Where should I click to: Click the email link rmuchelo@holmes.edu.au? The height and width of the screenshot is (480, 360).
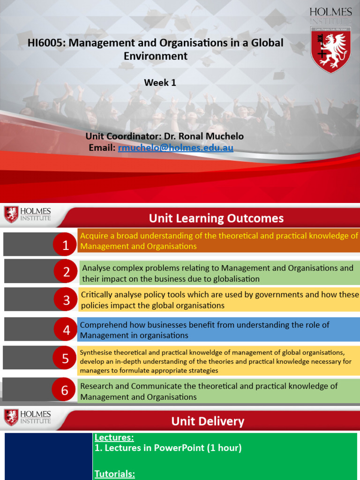(176, 148)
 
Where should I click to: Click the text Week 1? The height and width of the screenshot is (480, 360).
(160, 82)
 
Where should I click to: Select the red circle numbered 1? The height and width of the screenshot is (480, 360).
(66, 245)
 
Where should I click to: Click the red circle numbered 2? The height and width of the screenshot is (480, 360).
(66, 272)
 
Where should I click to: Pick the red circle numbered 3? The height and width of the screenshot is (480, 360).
(66, 300)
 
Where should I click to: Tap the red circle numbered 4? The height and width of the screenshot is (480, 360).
(66, 330)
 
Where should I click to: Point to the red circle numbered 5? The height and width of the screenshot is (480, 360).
(65, 359)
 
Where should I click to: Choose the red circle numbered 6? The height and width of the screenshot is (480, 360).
(65, 390)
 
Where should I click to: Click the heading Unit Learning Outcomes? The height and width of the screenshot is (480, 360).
(216, 218)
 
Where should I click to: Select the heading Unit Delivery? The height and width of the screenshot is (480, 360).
(208, 421)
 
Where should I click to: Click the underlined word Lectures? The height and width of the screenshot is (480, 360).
(114, 438)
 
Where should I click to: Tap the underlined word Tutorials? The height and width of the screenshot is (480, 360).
(114, 474)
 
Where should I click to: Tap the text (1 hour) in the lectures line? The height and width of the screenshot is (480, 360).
(225, 448)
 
